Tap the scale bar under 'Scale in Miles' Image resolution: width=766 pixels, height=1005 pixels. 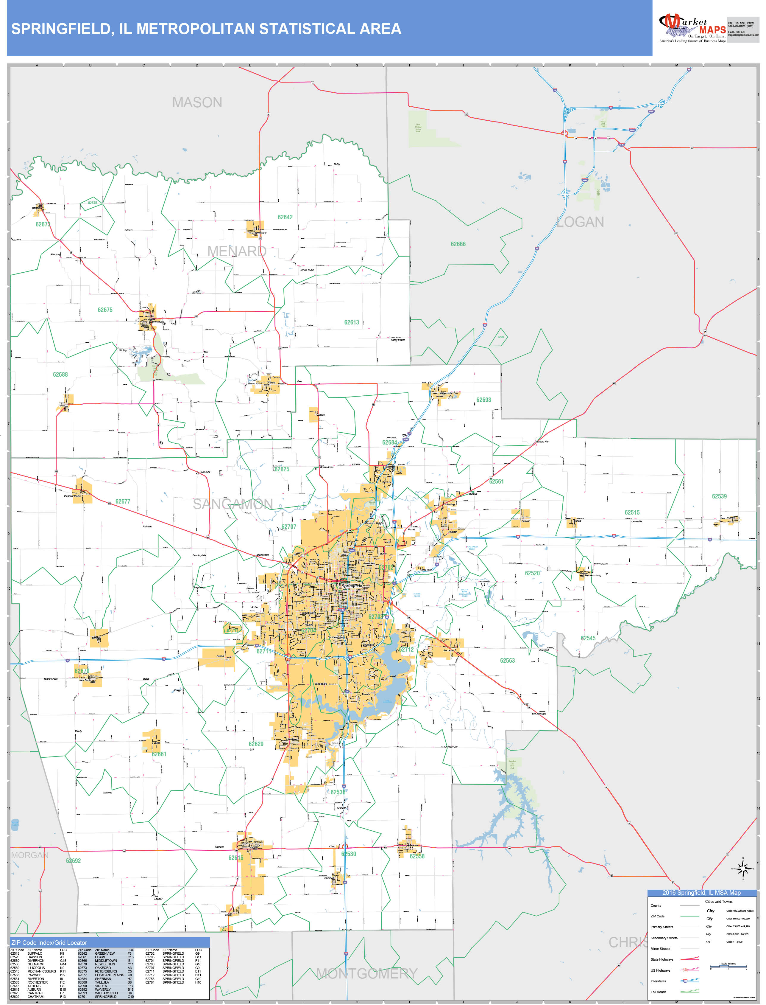728,966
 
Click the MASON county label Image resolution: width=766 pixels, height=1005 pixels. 197,102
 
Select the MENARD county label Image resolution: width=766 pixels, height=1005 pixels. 237,251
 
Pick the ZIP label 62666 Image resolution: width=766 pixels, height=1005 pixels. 458,244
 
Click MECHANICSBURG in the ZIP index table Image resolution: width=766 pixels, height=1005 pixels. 41,971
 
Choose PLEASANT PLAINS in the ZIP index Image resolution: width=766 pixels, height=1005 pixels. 110,975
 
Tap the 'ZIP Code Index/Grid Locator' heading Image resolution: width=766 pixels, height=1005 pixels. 49,942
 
